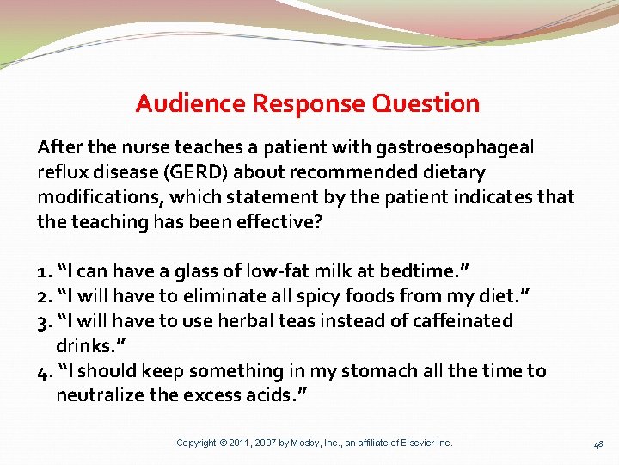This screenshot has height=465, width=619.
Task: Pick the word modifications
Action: pyautogui.click(x=93, y=197)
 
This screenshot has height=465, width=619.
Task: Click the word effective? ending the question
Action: pyautogui.click(x=279, y=221)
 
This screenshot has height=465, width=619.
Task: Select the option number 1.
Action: pyautogui.click(x=43, y=271)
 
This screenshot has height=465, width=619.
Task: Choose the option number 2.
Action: pyautogui.click(x=43, y=296)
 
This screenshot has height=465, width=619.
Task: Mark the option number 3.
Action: pyautogui.click(x=43, y=321)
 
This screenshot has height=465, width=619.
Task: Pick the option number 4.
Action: pyautogui.click(x=43, y=371)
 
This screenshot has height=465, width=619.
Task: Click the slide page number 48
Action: pyautogui.click(x=598, y=444)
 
